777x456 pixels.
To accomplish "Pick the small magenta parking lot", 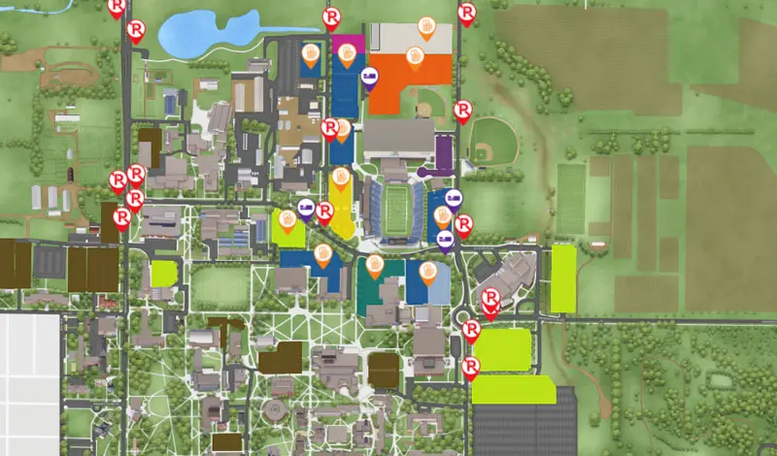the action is coord(347,43).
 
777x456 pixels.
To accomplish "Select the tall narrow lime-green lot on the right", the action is coord(563,278).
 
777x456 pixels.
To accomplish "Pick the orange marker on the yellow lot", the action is coord(340,178).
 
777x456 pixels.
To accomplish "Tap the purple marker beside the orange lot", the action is coord(369,77).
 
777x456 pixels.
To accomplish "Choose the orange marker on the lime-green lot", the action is coord(287,220).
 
